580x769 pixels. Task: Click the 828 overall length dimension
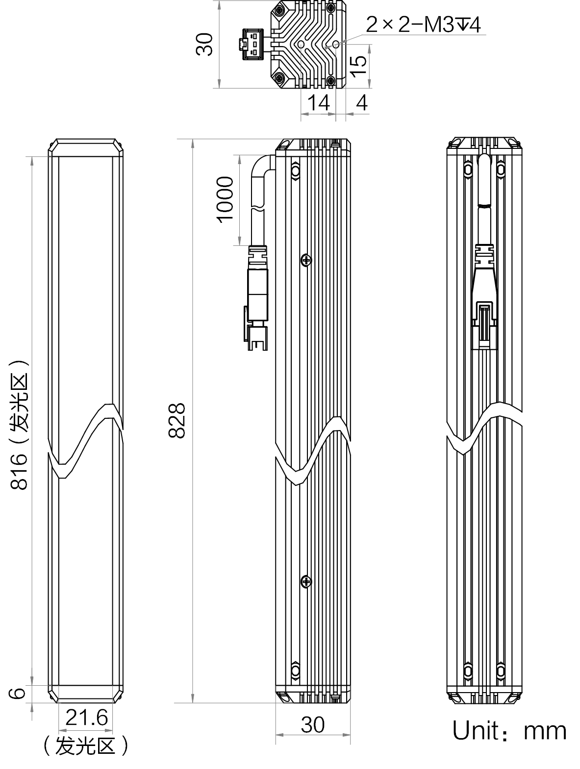(x=177, y=420)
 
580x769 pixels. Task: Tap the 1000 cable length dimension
(x=225, y=200)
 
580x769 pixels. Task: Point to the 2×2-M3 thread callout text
(x=423, y=24)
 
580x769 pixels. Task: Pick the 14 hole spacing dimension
(x=318, y=103)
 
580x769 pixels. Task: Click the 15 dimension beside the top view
(x=358, y=66)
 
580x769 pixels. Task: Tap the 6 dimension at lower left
(x=17, y=693)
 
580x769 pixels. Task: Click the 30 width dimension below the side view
(x=312, y=724)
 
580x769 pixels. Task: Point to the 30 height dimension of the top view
(x=204, y=44)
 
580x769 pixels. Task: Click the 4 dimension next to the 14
(x=361, y=103)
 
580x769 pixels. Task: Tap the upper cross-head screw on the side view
(x=306, y=260)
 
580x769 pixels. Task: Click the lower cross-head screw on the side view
(x=306, y=582)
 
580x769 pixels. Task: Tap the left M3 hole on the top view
(x=301, y=45)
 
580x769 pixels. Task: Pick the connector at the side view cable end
(x=257, y=298)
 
